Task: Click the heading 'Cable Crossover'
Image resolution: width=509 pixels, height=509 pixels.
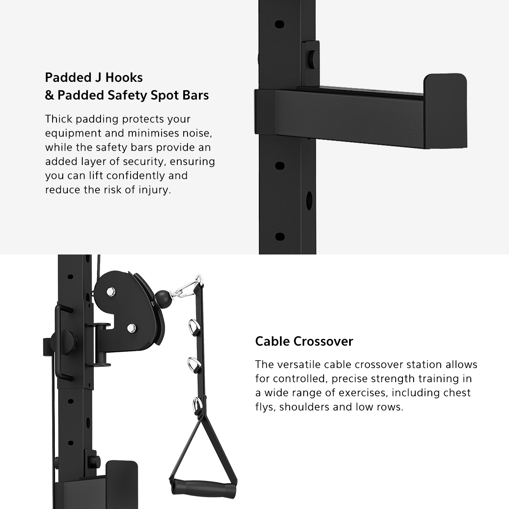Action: [x=304, y=341]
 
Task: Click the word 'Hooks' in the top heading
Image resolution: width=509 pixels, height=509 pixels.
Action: [x=124, y=78]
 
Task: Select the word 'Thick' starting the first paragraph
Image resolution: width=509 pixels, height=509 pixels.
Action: [x=59, y=119]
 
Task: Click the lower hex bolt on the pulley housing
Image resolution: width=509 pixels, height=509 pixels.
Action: [x=131, y=328]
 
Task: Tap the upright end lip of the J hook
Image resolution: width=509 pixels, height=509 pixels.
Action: [x=445, y=111]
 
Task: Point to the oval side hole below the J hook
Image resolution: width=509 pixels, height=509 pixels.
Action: [x=309, y=201]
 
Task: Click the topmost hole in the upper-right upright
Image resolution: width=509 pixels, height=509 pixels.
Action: [x=280, y=25]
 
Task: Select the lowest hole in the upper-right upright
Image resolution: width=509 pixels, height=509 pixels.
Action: [x=280, y=237]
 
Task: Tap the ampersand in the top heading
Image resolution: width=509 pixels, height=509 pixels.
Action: [x=49, y=95]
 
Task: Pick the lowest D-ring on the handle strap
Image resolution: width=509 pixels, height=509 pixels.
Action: [x=197, y=404]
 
